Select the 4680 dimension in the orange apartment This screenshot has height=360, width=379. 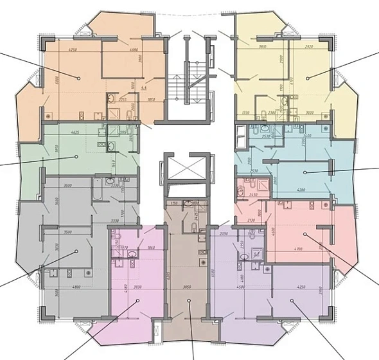coord(133,50)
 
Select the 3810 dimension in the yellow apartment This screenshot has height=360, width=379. coord(263,46)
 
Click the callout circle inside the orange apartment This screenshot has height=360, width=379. coord(80,78)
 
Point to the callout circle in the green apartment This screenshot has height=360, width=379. coord(76,156)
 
